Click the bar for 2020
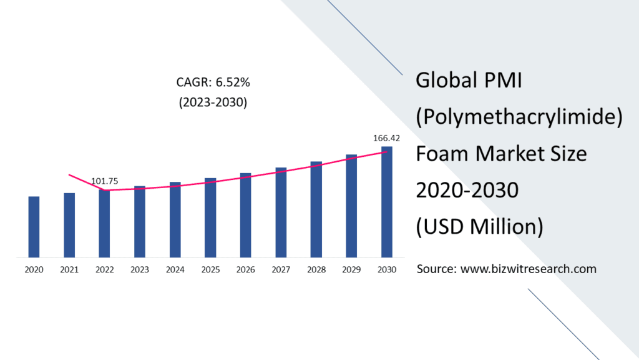point(34,227)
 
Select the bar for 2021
point(69,225)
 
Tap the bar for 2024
point(175,219)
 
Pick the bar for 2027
point(281,212)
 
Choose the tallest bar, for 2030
point(387,202)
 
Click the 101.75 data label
point(105,181)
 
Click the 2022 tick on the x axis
point(104,269)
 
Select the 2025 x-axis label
point(210,269)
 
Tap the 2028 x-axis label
point(316,269)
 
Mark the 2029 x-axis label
point(351,269)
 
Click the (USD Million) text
point(479,226)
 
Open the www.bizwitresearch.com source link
point(528,269)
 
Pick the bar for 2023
point(140,221)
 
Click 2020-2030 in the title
point(467,189)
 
